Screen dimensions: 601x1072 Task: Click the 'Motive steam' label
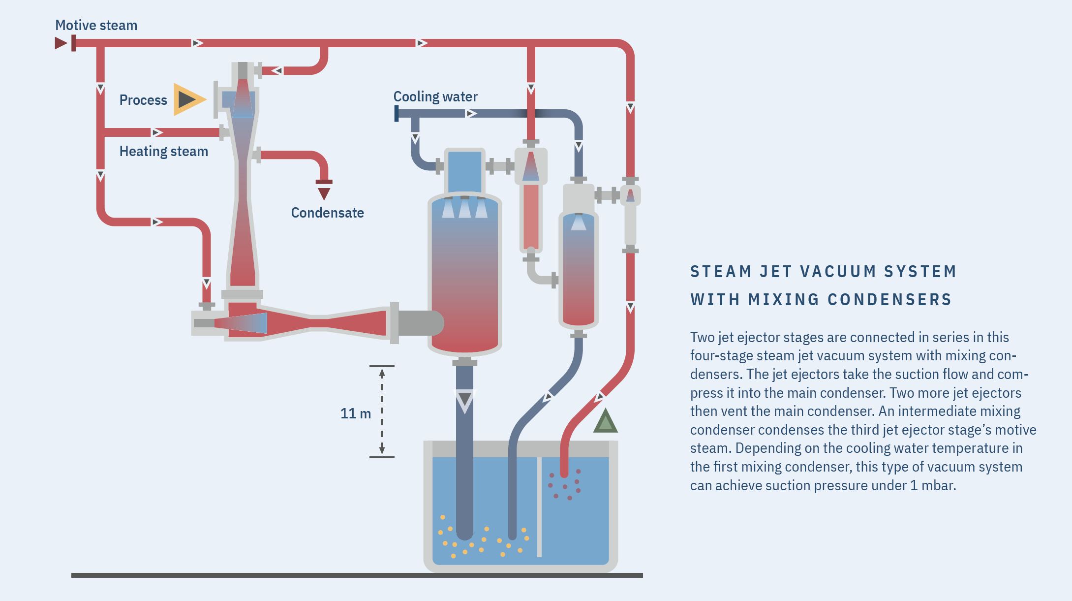[x=96, y=25]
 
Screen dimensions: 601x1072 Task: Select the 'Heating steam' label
[x=163, y=151]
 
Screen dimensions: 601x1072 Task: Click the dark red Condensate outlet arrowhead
[x=324, y=193]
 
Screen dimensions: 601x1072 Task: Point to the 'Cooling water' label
[x=435, y=96]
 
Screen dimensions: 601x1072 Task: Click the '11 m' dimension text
[x=355, y=413]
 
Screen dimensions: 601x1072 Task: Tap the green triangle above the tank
[x=605, y=422]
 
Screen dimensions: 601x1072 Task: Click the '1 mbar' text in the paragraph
[x=932, y=485]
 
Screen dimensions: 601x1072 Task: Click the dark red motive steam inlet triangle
[x=61, y=43]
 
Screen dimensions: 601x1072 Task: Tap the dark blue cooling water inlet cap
[x=397, y=114]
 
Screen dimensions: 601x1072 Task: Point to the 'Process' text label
[x=143, y=100]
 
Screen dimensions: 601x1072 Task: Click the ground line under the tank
[x=357, y=575]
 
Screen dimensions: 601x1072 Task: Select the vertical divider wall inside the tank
[x=539, y=507]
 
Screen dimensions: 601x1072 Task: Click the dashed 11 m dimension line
[x=382, y=411]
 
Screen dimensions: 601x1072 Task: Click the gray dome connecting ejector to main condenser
[x=421, y=323]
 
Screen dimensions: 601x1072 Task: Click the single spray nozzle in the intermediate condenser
[x=579, y=222]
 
